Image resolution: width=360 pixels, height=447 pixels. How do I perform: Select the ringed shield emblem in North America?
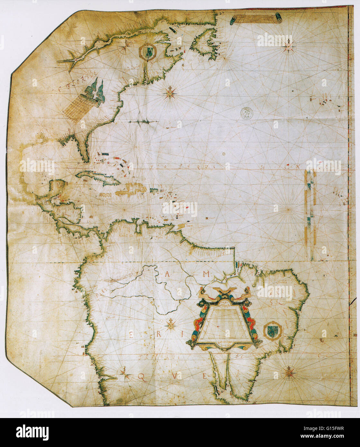[148, 51]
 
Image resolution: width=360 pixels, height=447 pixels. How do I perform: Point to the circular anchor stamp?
[247, 113]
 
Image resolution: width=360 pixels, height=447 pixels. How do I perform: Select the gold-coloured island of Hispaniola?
[132, 189]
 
